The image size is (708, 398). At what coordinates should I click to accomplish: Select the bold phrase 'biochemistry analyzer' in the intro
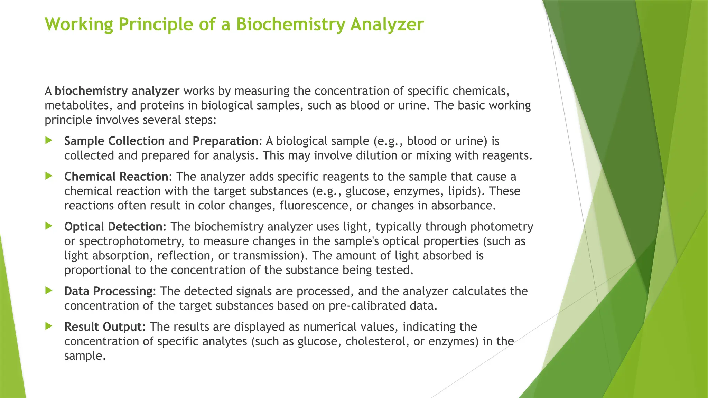tap(117, 91)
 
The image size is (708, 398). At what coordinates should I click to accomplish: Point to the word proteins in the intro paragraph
tap(162, 105)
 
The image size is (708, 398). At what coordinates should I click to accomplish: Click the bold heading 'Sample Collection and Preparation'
tap(161, 141)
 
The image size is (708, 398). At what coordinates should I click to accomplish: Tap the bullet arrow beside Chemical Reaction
tap(49, 176)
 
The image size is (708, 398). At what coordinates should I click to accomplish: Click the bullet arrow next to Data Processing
tap(49, 291)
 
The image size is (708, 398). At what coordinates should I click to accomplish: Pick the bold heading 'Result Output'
tap(103, 327)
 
